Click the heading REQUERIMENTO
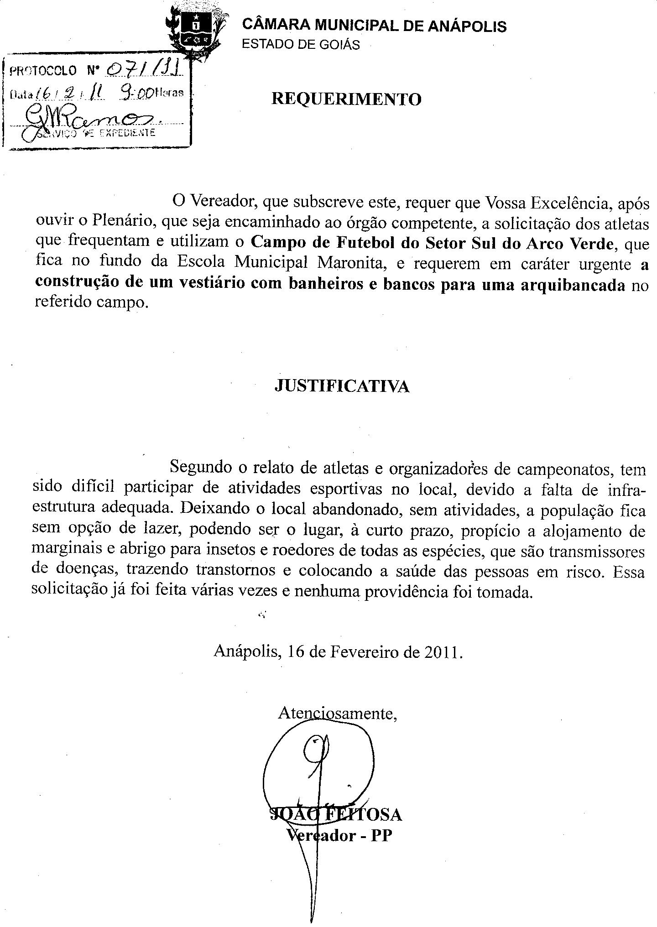coord(346,99)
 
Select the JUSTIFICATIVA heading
coord(342,386)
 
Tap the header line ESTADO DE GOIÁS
coord(301,45)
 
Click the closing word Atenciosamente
coord(338,713)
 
